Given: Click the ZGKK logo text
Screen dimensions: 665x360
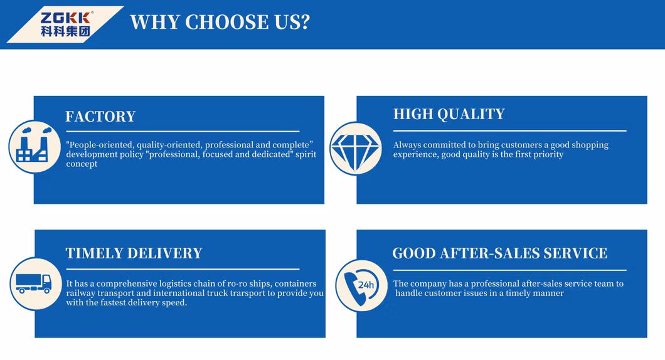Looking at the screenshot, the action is click(x=65, y=18).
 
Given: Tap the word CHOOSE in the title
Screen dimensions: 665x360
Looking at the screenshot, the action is click(x=226, y=22).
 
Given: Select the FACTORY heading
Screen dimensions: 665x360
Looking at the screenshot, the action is click(x=100, y=116).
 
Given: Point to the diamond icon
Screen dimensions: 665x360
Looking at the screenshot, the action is click(x=356, y=149).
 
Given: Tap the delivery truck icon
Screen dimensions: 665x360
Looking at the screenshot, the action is click(x=33, y=283).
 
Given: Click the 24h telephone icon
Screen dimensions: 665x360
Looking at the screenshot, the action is click(x=361, y=286).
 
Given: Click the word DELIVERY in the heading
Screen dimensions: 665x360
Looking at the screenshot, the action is click(x=164, y=253).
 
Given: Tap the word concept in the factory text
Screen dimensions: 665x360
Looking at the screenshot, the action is click(x=82, y=164).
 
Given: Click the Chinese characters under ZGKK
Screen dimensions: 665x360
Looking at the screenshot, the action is click(x=65, y=31).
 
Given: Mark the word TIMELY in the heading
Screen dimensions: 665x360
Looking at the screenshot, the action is click(x=94, y=253).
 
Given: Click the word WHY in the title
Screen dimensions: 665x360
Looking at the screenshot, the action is click(x=155, y=22).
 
